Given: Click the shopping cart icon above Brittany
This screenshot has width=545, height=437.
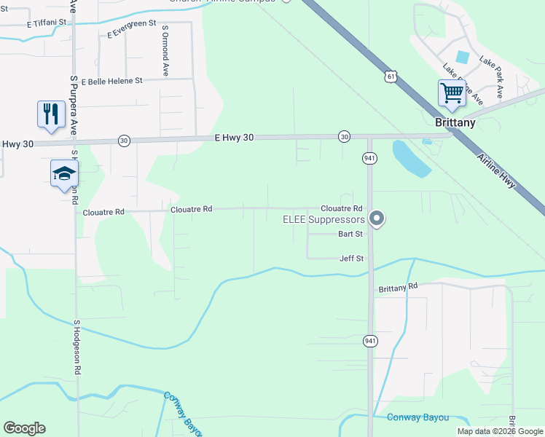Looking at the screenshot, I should pyautogui.click(x=452, y=94).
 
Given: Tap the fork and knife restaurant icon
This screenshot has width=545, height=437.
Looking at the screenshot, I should pyautogui.click(x=50, y=114).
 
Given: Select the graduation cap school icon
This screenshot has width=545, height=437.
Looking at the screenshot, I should pyautogui.click(x=64, y=173).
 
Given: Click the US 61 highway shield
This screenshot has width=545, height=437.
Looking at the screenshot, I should pyautogui.click(x=392, y=76).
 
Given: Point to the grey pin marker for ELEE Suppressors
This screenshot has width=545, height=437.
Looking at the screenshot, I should pyautogui.click(x=377, y=218).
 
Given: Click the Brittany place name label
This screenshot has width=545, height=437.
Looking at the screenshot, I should pyautogui.click(x=455, y=122).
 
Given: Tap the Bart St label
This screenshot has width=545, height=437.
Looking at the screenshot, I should pyautogui.click(x=350, y=234).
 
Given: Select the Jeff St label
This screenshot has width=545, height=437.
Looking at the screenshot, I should pyautogui.click(x=351, y=259).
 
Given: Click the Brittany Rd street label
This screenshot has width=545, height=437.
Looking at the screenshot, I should pyautogui.click(x=397, y=288).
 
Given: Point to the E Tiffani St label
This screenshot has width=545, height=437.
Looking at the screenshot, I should pyautogui.click(x=47, y=23).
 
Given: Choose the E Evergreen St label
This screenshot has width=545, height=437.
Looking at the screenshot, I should pyautogui.click(x=132, y=29).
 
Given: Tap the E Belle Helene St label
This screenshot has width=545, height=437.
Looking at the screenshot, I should pyautogui.click(x=112, y=82).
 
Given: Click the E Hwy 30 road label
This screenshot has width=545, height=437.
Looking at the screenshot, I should pyautogui.click(x=235, y=137).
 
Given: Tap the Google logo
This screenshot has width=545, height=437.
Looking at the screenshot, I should pyautogui.click(x=24, y=428).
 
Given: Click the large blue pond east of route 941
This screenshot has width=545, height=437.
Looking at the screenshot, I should pyautogui.click(x=411, y=158).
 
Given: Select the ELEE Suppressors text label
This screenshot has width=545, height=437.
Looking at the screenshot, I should pyautogui.click(x=324, y=219).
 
